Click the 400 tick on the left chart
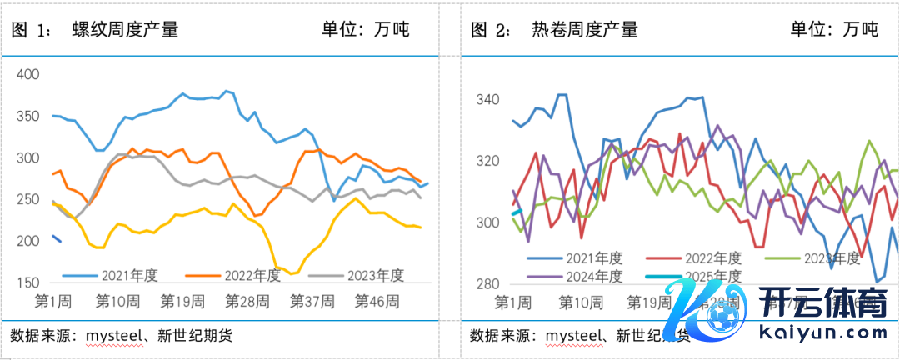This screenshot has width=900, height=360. click(x=28, y=74)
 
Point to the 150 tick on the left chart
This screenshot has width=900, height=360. click(x=28, y=283)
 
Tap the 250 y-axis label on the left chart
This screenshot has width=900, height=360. click(x=28, y=200)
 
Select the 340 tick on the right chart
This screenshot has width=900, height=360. click(x=487, y=100)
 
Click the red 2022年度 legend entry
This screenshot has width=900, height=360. click(x=713, y=258)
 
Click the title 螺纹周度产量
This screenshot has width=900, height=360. click(x=126, y=30)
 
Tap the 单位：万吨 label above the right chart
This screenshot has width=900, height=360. click(x=834, y=30)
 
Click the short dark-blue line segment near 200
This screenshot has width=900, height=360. click(x=57, y=239)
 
